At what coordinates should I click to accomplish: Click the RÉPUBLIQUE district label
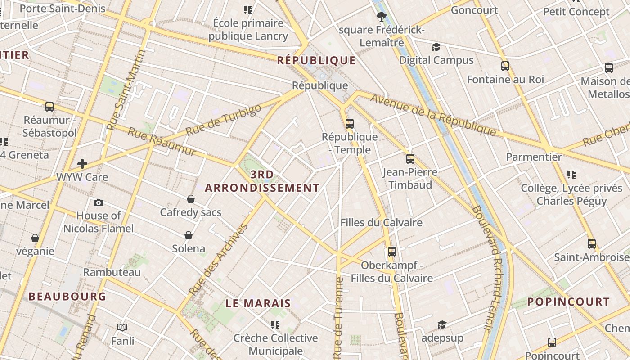(316, 60)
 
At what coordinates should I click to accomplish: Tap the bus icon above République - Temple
(349, 123)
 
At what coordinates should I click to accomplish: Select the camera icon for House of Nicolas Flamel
(98, 203)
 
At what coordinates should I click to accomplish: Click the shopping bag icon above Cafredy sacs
(190, 199)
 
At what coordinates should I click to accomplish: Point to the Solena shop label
(189, 248)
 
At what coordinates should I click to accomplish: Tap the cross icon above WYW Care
(82, 164)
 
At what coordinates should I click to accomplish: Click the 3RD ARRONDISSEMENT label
(262, 181)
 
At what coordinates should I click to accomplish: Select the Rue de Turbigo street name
(223, 120)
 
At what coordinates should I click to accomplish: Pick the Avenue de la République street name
(433, 114)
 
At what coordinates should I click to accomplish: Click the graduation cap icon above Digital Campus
(436, 47)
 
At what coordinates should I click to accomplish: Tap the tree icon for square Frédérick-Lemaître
(382, 17)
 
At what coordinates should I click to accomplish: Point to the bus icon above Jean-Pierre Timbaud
(410, 158)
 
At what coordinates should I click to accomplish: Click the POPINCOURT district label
(568, 301)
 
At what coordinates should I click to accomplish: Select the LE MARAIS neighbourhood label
(258, 303)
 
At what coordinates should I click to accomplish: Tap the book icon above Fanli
(122, 328)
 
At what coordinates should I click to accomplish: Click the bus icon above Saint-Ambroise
(591, 244)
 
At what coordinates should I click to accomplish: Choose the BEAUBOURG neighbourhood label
(67, 296)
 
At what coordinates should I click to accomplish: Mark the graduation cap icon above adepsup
(442, 325)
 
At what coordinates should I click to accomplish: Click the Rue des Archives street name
(220, 260)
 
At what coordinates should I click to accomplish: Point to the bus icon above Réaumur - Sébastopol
(49, 107)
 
